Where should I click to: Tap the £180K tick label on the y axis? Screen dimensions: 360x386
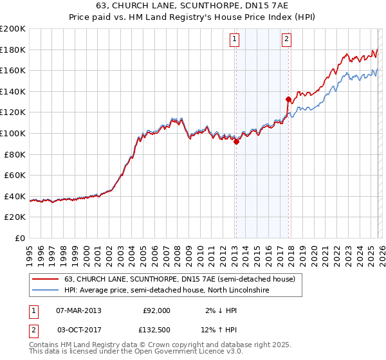click(x=13, y=50)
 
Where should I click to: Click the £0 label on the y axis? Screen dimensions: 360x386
click(x=21, y=238)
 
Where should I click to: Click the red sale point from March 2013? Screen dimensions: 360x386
click(x=236, y=142)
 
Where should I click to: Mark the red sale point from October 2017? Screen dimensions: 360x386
click(x=288, y=99)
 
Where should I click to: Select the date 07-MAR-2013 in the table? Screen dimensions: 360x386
click(x=78, y=310)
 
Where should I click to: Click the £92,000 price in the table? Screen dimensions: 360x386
click(x=156, y=310)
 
